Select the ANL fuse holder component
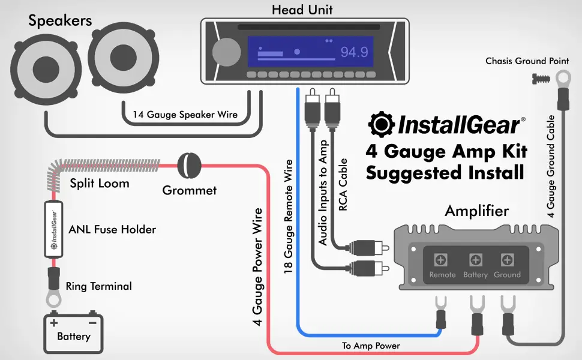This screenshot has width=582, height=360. click(54, 229)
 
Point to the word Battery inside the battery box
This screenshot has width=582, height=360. click(73, 336)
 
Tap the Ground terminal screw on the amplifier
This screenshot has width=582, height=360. click(506, 260)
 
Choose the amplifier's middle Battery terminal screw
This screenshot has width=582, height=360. click(475, 260)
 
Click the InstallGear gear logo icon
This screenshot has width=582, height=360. click(381, 125)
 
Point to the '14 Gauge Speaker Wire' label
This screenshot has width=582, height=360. click(185, 114)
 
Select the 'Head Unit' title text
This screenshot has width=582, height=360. click(302, 10)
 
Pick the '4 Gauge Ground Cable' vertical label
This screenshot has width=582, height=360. click(550, 166)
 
